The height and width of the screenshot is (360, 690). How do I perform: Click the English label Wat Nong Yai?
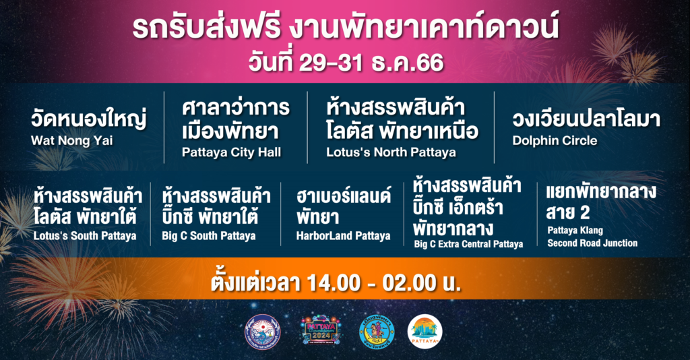[x=71, y=141]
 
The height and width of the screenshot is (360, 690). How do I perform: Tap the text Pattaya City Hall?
[x=232, y=152]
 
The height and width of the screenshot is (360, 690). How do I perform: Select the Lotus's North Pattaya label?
[x=391, y=152]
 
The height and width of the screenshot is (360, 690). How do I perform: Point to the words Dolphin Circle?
[x=555, y=141]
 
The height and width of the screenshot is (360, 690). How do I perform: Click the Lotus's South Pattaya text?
[x=85, y=236]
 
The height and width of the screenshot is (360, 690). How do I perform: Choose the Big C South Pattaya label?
[x=209, y=236]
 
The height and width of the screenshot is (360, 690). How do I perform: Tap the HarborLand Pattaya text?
[x=343, y=236]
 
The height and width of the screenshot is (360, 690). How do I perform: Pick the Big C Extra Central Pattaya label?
[x=468, y=244]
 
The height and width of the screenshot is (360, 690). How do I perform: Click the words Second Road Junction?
[x=592, y=243]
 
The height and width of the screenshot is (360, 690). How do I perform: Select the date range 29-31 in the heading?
[x=331, y=63]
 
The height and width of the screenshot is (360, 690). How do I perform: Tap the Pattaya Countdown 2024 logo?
[x=321, y=331]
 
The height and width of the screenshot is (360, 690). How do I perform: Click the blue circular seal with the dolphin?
[x=263, y=332]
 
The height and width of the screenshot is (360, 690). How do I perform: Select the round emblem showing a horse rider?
[x=377, y=332]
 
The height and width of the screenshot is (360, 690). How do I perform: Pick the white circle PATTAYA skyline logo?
[x=425, y=332]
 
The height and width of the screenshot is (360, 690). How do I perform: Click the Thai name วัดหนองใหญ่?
[x=88, y=119]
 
